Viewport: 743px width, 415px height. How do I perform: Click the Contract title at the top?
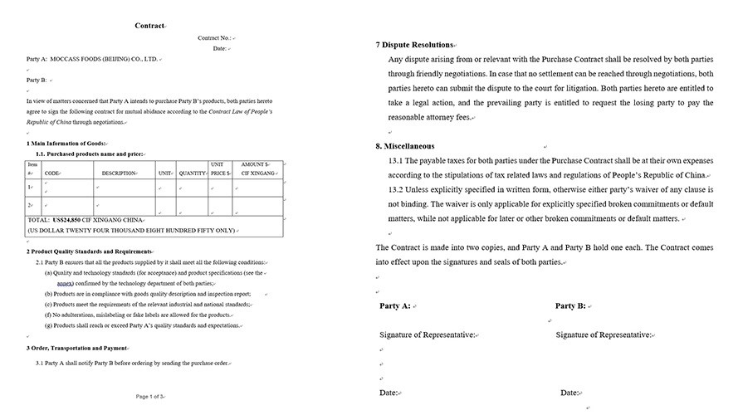[x=149, y=26]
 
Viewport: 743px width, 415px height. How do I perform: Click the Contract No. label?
[x=214, y=38]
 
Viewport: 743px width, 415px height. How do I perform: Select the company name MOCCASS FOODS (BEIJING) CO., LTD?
[x=104, y=60]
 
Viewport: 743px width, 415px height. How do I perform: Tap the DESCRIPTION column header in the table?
[x=119, y=173]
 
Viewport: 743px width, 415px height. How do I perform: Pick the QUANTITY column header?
[x=192, y=173]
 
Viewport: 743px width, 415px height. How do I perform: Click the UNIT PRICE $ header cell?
[x=220, y=169]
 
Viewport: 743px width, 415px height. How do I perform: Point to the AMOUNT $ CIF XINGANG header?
[x=257, y=169]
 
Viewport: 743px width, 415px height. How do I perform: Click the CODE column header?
[x=52, y=173]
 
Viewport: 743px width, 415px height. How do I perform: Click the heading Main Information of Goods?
[x=67, y=144]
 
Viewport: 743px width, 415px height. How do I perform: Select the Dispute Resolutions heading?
[x=417, y=44]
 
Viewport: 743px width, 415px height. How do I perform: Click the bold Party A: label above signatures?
[x=395, y=306]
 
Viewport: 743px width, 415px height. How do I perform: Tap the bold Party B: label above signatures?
[x=570, y=306]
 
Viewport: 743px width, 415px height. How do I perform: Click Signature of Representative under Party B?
[x=603, y=334]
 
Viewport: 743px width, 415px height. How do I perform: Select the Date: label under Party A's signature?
[x=389, y=393]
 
